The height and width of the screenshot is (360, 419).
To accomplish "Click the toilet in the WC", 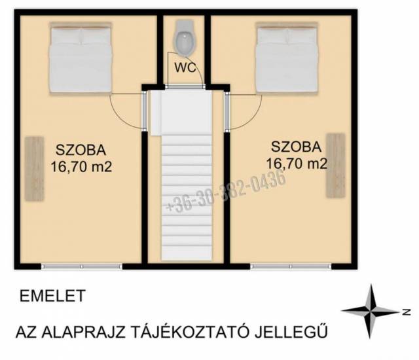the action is [184, 38].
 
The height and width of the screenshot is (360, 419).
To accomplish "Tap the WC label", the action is [185, 68].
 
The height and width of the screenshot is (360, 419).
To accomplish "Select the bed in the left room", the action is [80, 58].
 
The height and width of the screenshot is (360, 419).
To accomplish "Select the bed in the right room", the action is [287, 58].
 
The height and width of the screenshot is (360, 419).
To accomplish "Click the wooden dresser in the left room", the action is [34, 168].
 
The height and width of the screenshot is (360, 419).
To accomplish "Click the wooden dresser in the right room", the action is [336, 166].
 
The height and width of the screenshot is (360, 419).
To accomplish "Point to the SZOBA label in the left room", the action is [81, 150].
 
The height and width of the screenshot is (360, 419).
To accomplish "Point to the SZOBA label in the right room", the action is [296, 147].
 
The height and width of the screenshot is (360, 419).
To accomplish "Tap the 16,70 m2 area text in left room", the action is [81, 167].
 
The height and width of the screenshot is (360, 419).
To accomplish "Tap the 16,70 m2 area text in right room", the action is [297, 164].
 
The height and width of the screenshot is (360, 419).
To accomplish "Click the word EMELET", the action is [52, 296].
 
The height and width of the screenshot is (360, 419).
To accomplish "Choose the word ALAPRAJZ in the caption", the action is [84, 332].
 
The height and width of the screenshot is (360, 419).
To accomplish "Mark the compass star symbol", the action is [371, 312].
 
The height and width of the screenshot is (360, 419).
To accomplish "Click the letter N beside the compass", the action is [407, 312].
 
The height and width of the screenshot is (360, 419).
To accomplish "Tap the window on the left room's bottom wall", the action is [82, 266].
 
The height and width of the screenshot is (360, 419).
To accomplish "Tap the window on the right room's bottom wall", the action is [291, 266].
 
